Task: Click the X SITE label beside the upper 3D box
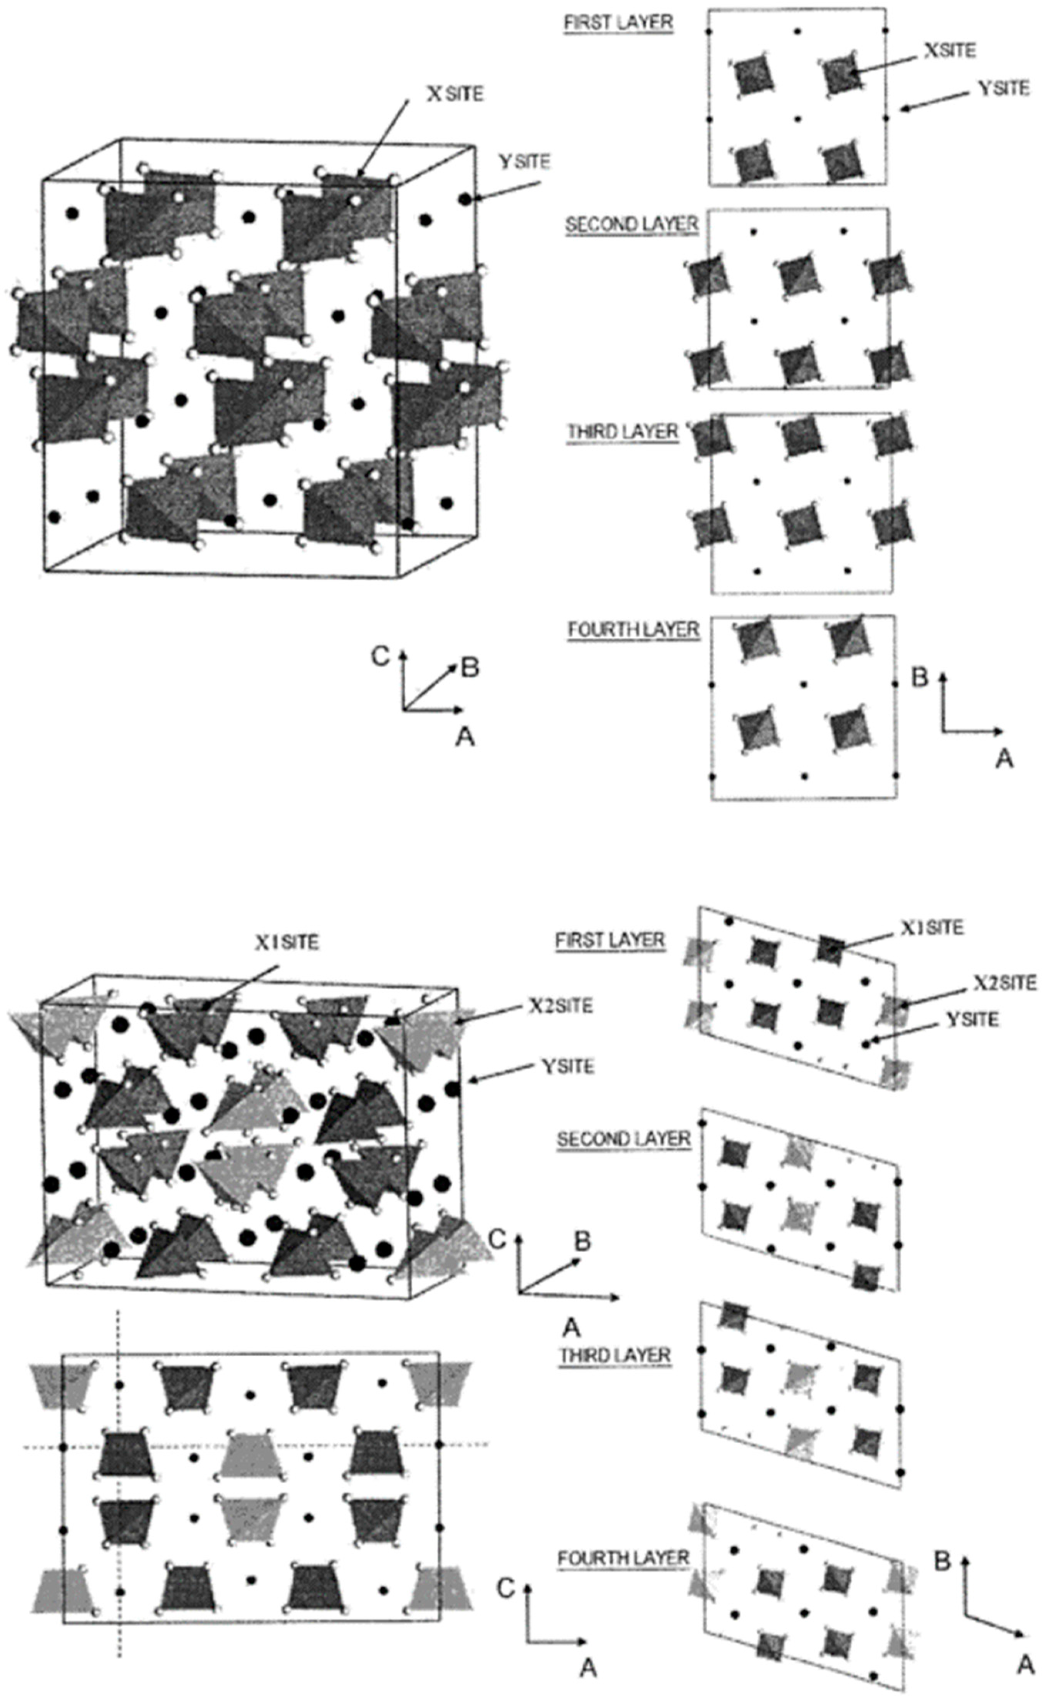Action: (455, 94)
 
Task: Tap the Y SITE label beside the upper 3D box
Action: (524, 162)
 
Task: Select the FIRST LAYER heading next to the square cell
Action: (618, 23)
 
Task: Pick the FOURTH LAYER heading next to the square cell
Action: (633, 630)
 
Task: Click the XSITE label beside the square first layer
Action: (950, 50)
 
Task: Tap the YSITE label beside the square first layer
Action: (1003, 89)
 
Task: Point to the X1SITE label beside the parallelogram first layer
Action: (932, 927)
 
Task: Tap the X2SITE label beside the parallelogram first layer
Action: (1004, 983)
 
